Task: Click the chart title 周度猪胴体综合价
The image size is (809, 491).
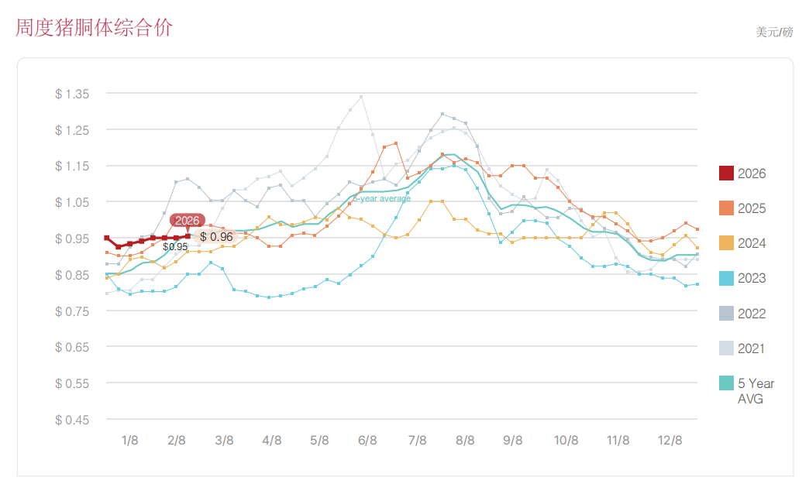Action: (x=94, y=28)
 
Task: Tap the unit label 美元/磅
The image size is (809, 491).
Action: (x=774, y=33)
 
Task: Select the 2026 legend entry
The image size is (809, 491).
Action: (x=742, y=173)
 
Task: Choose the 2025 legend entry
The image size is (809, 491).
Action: (x=742, y=208)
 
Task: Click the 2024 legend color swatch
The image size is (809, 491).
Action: (x=726, y=243)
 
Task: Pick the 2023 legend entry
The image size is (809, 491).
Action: (x=742, y=278)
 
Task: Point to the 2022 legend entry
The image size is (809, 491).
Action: (x=742, y=314)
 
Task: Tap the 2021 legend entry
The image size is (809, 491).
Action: (x=742, y=349)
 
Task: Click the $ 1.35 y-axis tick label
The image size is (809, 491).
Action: (x=73, y=94)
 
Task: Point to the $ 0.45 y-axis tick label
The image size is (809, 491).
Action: (x=73, y=420)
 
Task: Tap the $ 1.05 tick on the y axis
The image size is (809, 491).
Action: (x=73, y=202)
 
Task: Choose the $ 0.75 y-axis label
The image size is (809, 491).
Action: (x=73, y=311)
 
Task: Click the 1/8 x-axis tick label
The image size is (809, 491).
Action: (x=130, y=441)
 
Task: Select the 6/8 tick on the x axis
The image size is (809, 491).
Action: (x=367, y=441)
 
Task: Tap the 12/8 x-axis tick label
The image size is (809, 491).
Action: (x=670, y=441)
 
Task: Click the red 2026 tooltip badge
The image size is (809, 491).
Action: (x=188, y=221)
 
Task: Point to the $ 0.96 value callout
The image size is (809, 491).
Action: (x=216, y=237)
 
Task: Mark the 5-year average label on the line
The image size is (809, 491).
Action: (x=382, y=199)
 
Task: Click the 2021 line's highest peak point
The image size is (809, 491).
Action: (x=361, y=97)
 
